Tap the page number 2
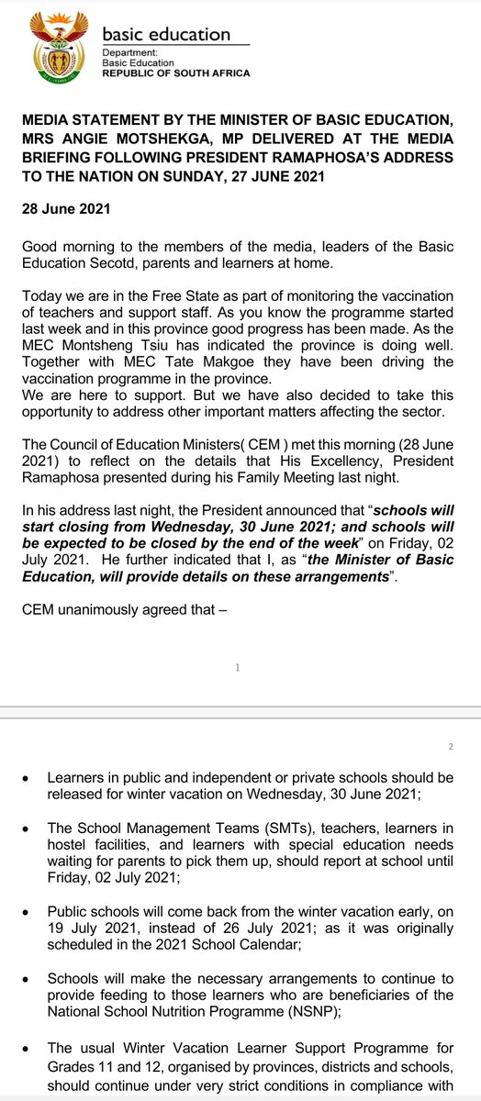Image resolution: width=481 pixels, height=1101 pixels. (450, 746)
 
